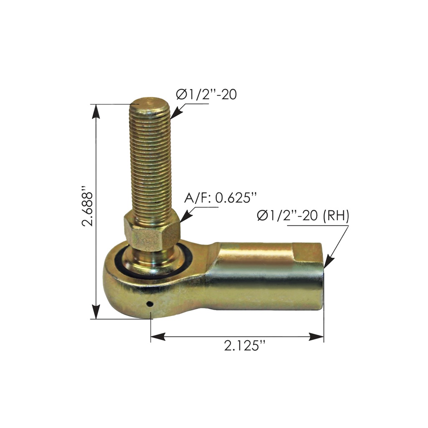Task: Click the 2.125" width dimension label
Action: click(245, 346)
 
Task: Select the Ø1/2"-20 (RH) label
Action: click(303, 216)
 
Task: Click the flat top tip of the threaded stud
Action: click(149, 102)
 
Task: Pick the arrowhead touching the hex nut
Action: click(184, 216)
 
